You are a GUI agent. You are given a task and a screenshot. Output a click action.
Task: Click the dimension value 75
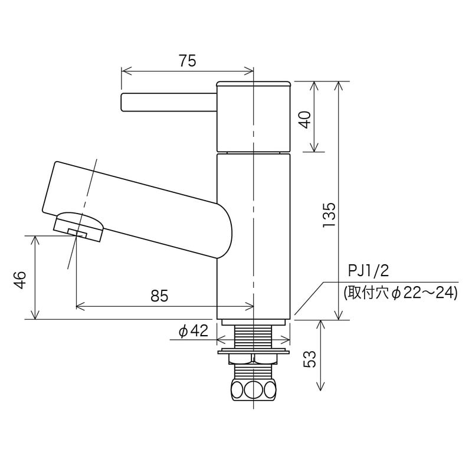tap(187, 60)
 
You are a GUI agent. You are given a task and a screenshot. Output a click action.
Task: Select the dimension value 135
tap(330, 215)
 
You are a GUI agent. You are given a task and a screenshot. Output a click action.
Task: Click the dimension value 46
tap(20, 278)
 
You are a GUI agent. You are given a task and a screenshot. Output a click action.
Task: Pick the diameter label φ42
tap(194, 332)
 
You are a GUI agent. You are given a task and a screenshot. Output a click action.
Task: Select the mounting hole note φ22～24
tap(401, 293)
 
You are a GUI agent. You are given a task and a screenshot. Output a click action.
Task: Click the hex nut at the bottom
tap(253, 390)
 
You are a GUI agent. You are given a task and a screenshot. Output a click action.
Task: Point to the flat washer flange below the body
tap(253, 352)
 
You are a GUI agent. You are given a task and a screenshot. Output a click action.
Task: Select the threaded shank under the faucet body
tap(253, 336)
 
